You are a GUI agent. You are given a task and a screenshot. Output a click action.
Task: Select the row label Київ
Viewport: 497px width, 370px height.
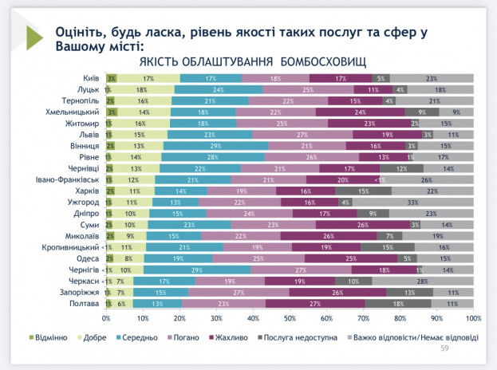91,78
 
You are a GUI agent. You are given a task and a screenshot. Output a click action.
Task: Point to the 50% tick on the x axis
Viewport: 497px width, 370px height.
290,318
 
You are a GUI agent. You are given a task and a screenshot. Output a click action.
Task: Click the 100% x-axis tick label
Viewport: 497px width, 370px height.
473,318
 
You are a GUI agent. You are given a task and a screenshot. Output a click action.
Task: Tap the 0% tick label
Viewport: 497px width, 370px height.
107,318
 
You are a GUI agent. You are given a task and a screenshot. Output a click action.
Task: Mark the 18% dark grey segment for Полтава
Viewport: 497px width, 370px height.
398,305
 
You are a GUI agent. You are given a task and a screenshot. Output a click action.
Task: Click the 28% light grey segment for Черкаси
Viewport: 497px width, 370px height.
422,282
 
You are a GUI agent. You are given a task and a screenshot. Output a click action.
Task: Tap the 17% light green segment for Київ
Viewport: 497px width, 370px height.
148,78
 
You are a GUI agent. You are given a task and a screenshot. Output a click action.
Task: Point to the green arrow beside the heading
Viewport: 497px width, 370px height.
34,37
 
